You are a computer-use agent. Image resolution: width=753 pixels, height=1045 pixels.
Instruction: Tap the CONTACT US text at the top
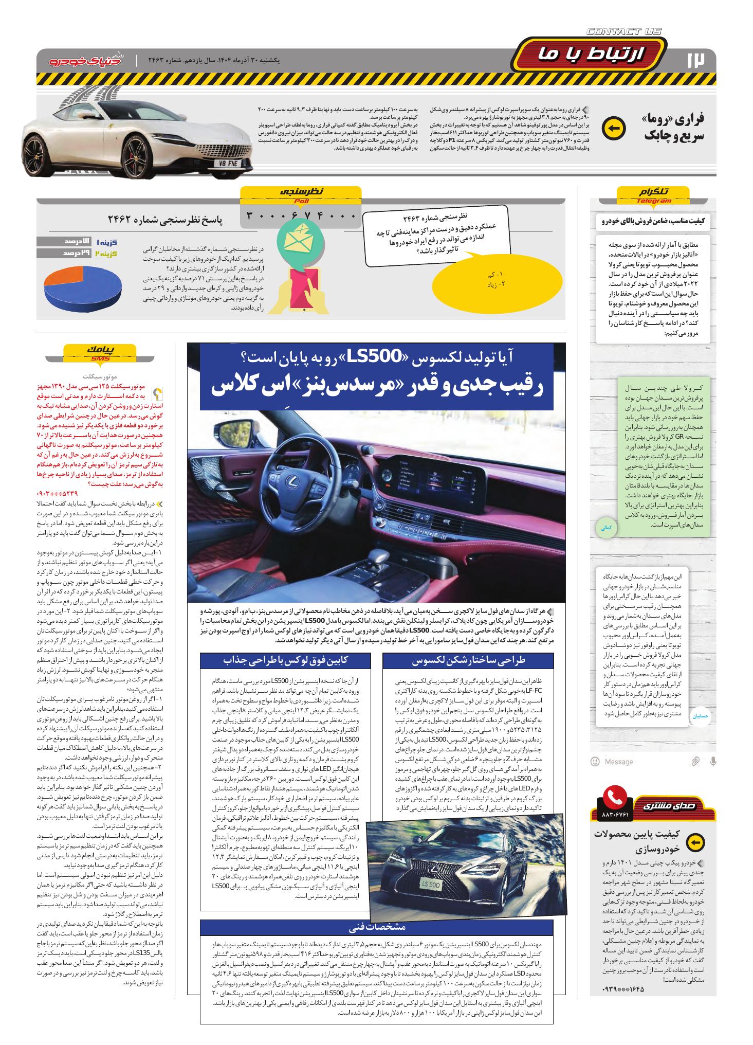coord(623,32)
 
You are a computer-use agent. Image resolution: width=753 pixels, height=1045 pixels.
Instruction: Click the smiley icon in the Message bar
coord(595,761)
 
